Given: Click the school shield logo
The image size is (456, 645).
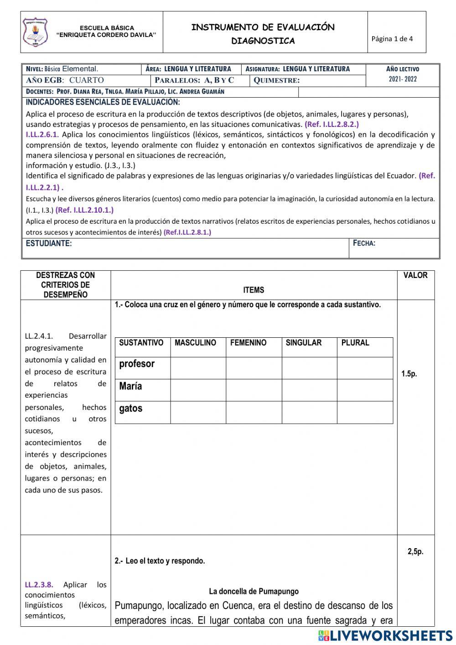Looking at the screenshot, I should point(35,32).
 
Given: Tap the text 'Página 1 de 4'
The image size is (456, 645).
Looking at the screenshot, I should point(392,39).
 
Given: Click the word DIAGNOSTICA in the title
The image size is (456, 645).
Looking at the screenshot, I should point(263,41).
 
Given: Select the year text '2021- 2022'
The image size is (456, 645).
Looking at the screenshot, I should point(403,79).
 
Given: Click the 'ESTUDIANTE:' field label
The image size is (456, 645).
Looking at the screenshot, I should point(49,243).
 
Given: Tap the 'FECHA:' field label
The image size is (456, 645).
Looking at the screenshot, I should point(364,243).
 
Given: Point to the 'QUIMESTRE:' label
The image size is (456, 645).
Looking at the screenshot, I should point(277,80).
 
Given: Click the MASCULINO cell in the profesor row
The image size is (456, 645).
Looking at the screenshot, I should point(198,368).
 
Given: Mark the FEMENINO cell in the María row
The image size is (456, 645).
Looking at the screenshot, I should point(254,390).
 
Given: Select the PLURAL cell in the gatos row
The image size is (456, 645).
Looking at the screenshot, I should point(365,413).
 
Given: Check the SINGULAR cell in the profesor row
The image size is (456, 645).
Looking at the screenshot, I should point(309,368).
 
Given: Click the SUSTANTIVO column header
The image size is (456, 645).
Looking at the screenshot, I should point(141,343).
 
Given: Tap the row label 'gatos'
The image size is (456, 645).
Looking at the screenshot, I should point(131,409).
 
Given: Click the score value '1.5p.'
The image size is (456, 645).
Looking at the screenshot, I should point(409,374).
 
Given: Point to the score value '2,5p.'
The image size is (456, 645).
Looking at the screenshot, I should point(415,551).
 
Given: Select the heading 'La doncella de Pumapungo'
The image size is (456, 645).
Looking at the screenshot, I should point(254,592).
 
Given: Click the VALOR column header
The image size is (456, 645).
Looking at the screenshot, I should point(415,275).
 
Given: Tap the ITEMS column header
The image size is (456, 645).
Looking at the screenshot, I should point(254,290).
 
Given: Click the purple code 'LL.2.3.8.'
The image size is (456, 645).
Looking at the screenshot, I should point(39,585).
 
